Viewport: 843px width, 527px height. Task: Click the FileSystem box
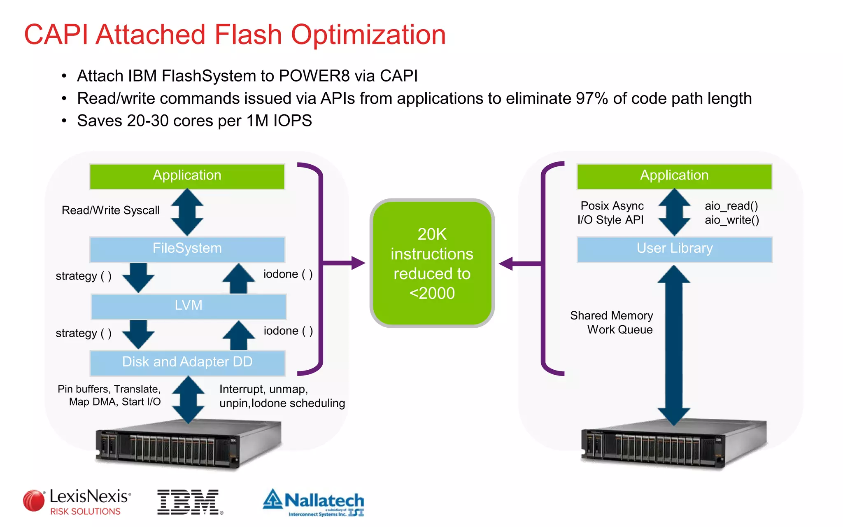point(187,249)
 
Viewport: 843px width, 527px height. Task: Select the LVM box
point(189,305)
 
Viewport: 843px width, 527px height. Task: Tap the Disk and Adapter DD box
point(187,362)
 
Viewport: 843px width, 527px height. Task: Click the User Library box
point(674,249)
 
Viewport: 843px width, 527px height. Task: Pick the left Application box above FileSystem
point(187,176)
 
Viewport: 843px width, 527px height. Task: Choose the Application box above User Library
point(674,176)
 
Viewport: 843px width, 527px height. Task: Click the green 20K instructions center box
point(432,263)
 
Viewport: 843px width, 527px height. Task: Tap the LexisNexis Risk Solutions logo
point(77,502)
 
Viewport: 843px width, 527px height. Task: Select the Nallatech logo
point(314,502)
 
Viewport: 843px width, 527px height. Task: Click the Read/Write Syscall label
point(110,210)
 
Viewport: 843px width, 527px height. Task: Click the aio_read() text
point(731,206)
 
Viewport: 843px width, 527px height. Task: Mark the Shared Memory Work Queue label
point(612,322)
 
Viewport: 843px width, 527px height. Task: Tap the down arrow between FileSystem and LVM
point(138,277)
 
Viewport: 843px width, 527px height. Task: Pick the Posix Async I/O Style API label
point(611,213)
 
